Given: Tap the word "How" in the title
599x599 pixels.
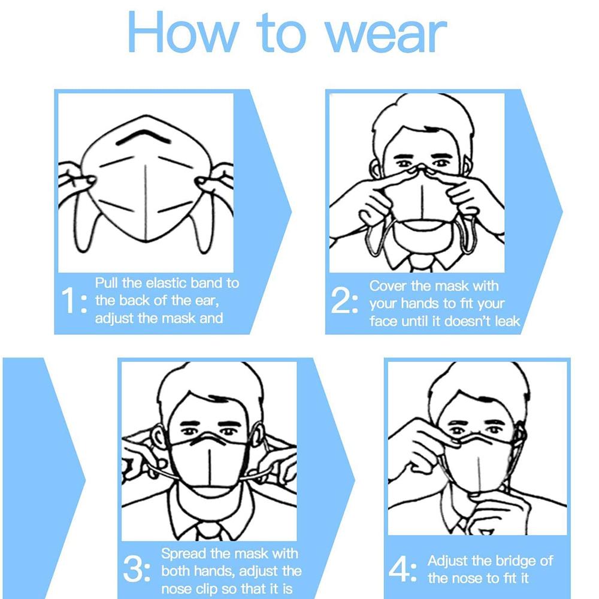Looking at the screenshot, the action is click(x=184, y=32).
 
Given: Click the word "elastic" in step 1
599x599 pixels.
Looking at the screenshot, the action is click(x=166, y=283).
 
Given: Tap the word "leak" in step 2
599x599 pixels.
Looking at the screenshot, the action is click(x=507, y=321).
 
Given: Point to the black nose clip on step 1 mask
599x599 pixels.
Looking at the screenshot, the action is click(x=143, y=137).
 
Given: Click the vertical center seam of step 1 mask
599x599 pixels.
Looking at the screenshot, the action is click(x=146, y=203).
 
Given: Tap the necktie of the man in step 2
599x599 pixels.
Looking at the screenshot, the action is click(x=421, y=263).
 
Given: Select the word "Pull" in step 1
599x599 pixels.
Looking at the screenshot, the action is click(x=107, y=283).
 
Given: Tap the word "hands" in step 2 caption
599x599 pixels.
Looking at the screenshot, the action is click(x=419, y=304).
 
